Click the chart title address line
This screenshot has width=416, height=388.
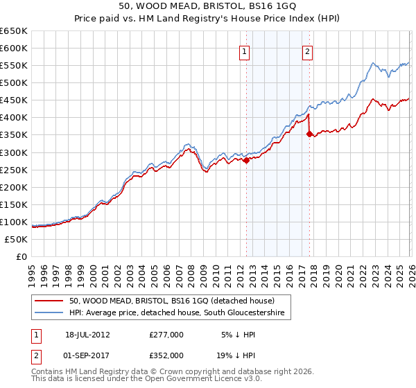208,6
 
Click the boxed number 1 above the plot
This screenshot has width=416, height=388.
245,51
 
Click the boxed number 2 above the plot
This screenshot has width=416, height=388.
307,51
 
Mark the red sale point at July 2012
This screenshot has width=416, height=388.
246,160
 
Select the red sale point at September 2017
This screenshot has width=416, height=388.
309,134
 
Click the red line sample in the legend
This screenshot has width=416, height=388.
49,301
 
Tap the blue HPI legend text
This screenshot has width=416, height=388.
177,314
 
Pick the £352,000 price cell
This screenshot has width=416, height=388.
166,355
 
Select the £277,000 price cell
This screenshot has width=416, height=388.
166,334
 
